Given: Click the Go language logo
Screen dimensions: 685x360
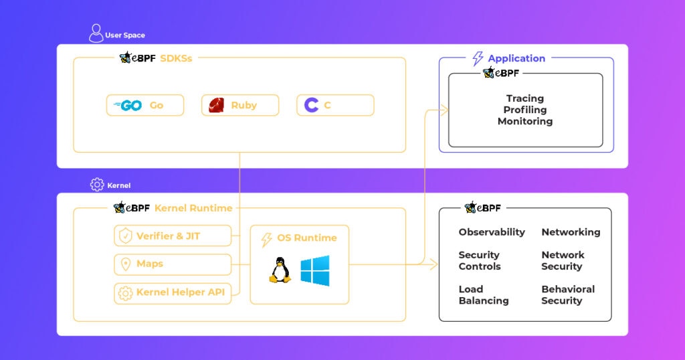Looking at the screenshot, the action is pyautogui.click(x=128, y=105).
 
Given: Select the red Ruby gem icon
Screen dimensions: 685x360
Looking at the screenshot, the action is pyautogui.click(x=216, y=105).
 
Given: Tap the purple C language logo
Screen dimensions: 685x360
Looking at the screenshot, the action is pyautogui.click(x=311, y=105).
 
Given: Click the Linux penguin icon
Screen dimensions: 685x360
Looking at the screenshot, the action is pyautogui.click(x=280, y=270).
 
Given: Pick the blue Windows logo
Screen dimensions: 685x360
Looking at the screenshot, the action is pyautogui.click(x=315, y=271).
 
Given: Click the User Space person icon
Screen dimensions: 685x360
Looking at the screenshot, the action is pyautogui.click(x=96, y=33).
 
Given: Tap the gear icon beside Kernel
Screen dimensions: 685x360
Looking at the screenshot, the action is pyautogui.click(x=97, y=185).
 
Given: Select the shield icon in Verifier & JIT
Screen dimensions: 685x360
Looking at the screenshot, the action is pyautogui.click(x=125, y=236).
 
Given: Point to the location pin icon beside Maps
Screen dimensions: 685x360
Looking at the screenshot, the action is pyautogui.click(x=125, y=264).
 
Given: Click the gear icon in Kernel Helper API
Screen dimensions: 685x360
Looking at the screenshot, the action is pyautogui.click(x=125, y=293).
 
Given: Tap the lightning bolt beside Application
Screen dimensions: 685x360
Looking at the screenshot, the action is pyautogui.click(x=478, y=58).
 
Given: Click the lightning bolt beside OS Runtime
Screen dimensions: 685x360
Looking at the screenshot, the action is pyautogui.click(x=266, y=240).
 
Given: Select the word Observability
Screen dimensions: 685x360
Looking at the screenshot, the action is pyautogui.click(x=492, y=232).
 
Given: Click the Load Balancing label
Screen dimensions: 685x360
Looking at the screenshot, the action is pyautogui.click(x=484, y=295).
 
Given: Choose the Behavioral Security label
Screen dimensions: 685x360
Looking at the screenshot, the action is pyautogui.click(x=568, y=295).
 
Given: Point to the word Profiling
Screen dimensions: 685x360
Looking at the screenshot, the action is pyautogui.click(x=525, y=110).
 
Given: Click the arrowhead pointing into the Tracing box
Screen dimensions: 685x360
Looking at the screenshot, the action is pyautogui.click(x=445, y=110).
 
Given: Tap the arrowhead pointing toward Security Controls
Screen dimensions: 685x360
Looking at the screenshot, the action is pyautogui.click(x=434, y=264).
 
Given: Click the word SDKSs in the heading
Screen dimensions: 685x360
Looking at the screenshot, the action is pyautogui.click(x=176, y=58).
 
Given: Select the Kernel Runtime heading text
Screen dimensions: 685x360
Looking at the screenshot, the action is pyautogui.click(x=193, y=208).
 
